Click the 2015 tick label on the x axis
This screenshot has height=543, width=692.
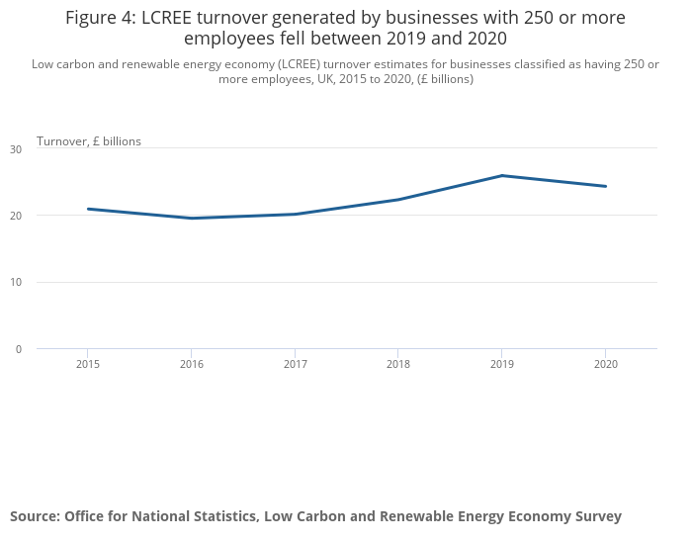pos(88,365)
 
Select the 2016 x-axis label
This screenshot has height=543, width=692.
pos(192,365)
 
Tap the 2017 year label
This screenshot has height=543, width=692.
pos(295,365)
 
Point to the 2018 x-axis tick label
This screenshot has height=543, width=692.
pos(398,365)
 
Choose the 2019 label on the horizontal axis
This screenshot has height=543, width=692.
pos(502,365)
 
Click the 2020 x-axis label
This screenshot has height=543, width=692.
pos(605,365)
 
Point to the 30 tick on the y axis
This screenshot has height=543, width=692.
pos(15,149)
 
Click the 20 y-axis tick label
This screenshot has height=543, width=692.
pos(15,216)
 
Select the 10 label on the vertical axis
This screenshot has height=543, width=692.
pos(15,282)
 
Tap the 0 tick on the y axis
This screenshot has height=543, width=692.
pos(18,349)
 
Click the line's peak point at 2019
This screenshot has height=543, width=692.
pos(502,176)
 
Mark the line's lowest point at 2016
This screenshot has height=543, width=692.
pos(192,219)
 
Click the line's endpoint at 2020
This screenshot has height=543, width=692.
pos(605,186)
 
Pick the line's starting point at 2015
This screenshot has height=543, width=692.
pos(88,209)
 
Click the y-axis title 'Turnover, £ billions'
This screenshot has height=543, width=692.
pos(89,141)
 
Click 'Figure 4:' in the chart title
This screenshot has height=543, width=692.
pos(101,18)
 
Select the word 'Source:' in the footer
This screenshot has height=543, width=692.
pos(35,516)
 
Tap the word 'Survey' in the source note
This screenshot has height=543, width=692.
pos(597,516)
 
